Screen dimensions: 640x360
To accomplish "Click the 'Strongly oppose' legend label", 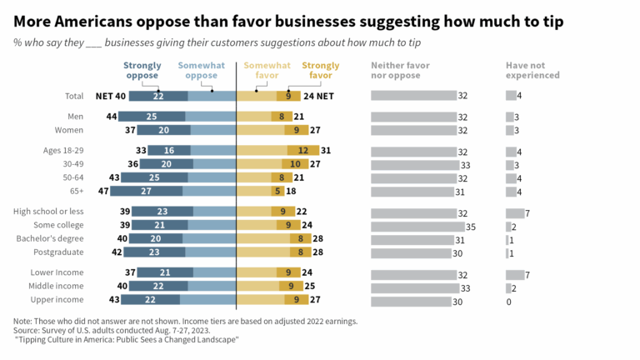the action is pos(142,70).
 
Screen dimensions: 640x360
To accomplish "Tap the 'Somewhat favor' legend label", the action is pos(267,70).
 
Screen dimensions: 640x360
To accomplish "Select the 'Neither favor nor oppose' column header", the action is pos(400,70).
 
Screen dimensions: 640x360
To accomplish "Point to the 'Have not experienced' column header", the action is pos(532,70).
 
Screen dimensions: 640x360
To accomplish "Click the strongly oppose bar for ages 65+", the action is pos(146,191).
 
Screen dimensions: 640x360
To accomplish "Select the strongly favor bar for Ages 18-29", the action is pos(303,150).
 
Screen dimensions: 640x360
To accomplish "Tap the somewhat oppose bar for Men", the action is pos(211,117).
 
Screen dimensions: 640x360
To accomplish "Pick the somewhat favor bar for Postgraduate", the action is pos(263,252).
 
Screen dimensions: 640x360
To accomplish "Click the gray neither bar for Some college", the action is pos(417,227).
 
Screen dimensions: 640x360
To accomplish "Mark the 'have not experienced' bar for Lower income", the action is pos(515,275).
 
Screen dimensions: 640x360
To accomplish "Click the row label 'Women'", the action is pos(69,130).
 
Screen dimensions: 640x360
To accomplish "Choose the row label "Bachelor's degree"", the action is pos(50,238).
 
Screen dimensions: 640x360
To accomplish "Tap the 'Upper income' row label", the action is pos(57,300).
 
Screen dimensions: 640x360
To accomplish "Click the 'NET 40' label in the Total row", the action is pos(111,97).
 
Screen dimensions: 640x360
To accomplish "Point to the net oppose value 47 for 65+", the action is pos(103,191).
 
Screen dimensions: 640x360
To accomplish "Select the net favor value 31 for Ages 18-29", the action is pos(326,150).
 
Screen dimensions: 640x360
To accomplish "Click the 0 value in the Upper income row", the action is pos(508,302).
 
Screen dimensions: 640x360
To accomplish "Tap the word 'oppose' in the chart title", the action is pos(163,22).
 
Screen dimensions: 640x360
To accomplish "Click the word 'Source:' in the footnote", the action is pos(27,330).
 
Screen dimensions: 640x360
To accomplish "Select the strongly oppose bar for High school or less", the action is pos(162,212).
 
